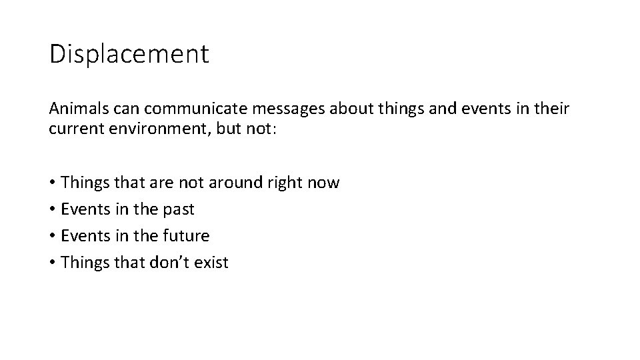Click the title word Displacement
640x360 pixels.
[129, 54]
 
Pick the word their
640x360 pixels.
[551, 109]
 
